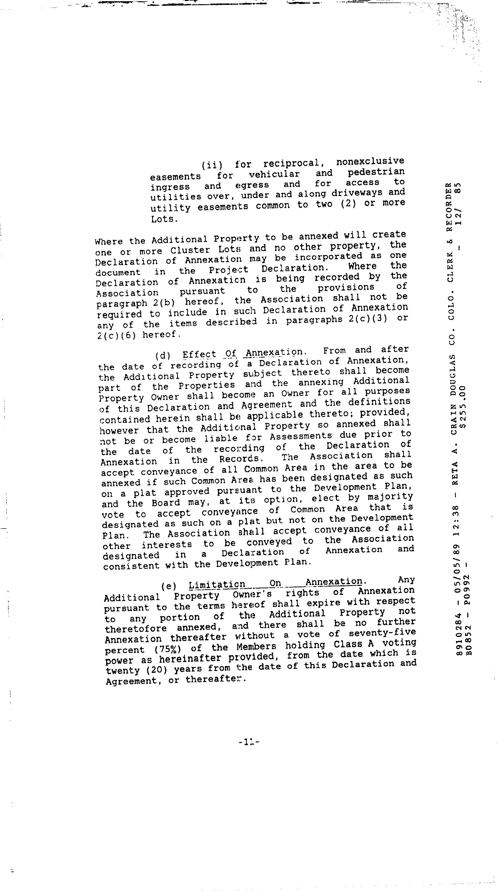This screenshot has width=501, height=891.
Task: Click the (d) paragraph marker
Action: tap(161, 356)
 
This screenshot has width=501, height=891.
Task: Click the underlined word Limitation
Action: tap(217, 585)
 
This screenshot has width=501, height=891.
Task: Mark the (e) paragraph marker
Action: tap(169, 586)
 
